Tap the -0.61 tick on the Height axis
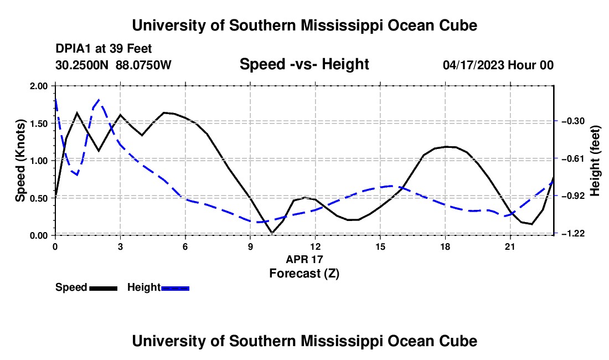coord(573,158)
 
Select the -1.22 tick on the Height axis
coord(573,233)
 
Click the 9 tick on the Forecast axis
coord(250,246)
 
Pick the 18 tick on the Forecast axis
coord(445,246)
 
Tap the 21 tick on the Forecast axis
coord(510,246)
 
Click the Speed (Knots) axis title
coord(20,161)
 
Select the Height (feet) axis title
coord(595,161)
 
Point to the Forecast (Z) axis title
coord(304,274)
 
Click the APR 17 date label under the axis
coord(304,259)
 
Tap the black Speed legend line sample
coord(104,289)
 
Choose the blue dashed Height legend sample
coord(175,289)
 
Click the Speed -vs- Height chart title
coord(304,64)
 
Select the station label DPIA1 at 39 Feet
coord(104,49)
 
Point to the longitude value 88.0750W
coord(143,65)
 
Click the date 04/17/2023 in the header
coord(473,65)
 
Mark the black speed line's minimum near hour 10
coord(272,233)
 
